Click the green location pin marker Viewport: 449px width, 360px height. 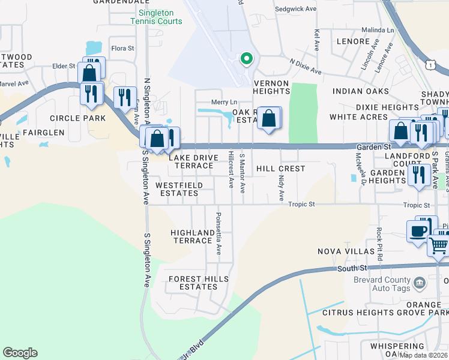(x=246, y=58)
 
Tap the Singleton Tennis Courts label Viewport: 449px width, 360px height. (x=156, y=17)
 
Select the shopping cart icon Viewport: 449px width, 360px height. (x=438, y=244)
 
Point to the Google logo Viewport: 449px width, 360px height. (x=20, y=353)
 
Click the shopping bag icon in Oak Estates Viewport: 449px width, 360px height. (x=270, y=118)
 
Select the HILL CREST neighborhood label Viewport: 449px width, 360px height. (x=281, y=169)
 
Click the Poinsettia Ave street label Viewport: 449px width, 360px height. (x=218, y=233)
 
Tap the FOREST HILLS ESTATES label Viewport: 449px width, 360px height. (x=199, y=283)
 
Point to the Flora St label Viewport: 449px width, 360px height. (x=122, y=48)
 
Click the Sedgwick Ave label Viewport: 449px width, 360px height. (x=295, y=10)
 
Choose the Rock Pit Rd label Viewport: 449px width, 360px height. (x=380, y=244)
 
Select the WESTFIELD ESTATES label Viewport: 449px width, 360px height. (x=179, y=189)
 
